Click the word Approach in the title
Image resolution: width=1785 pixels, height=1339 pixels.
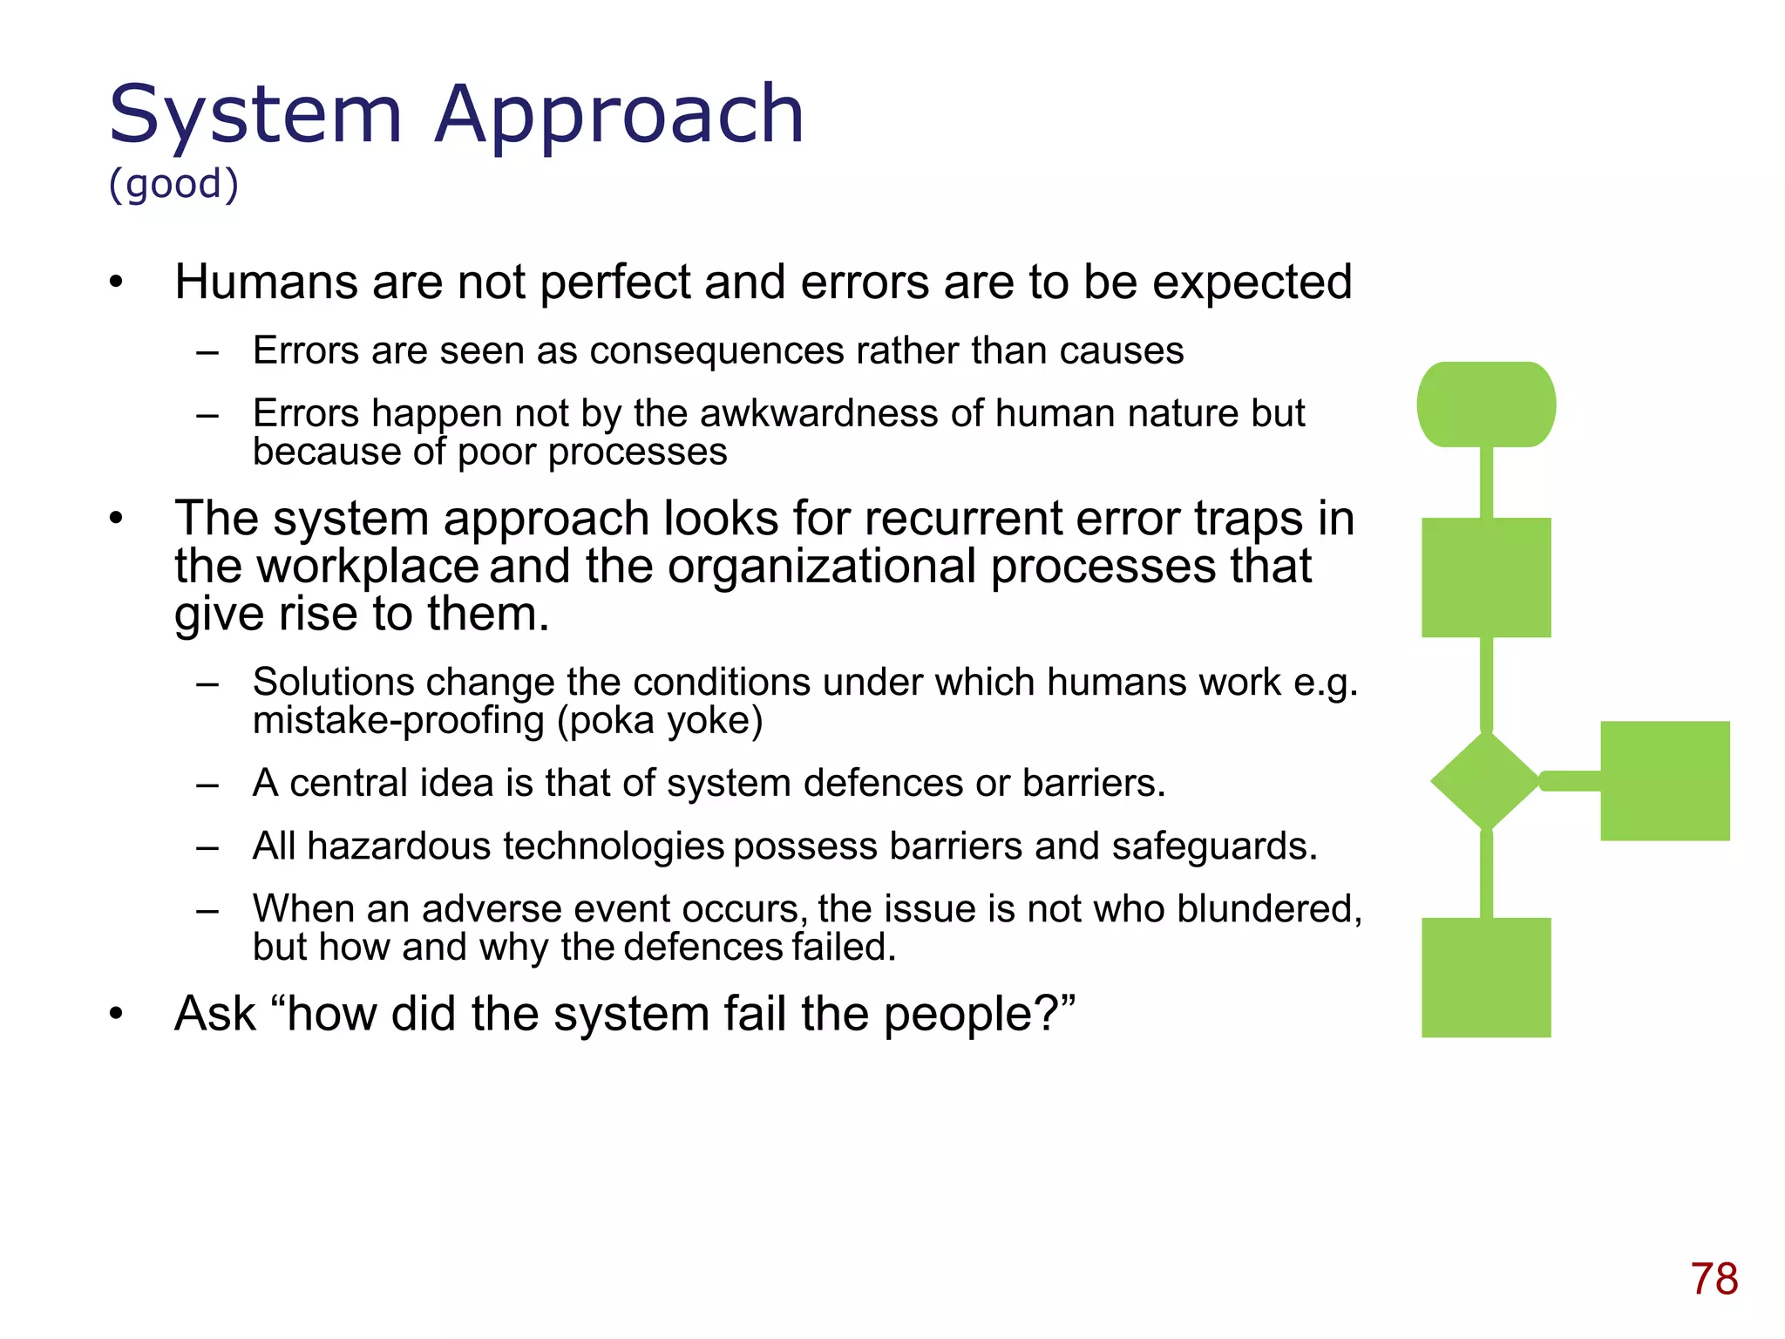619,115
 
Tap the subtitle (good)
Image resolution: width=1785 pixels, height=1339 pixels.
173,184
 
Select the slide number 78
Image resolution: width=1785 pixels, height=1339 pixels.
1714,1279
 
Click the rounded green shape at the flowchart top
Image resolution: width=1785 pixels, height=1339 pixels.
1486,404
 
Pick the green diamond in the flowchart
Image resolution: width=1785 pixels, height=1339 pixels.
1485,780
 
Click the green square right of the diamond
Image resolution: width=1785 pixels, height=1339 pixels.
1665,780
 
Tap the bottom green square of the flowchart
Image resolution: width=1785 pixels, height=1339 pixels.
1486,977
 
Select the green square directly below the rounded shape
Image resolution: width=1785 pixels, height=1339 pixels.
1486,577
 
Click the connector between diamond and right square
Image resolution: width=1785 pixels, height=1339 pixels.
1571,780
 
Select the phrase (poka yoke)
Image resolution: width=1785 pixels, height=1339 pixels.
660,721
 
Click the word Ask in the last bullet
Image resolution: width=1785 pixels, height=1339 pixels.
215,1014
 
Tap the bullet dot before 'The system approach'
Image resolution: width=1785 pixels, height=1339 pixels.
117,520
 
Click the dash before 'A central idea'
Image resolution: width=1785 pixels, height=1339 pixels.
207,785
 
